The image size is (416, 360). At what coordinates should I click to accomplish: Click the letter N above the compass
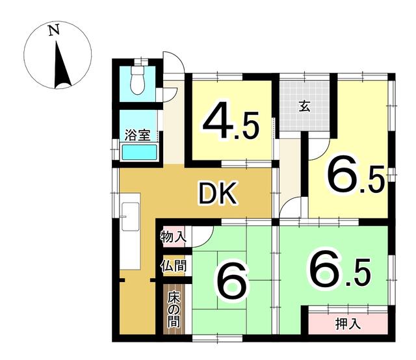(54, 29)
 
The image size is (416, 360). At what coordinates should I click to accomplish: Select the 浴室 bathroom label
(138, 136)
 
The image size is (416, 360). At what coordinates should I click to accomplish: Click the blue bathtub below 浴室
(139, 153)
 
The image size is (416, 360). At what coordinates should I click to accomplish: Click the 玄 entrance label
(304, 106)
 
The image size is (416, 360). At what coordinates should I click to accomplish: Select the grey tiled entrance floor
(305, 107)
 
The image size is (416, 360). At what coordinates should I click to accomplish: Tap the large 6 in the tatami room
(231, 283)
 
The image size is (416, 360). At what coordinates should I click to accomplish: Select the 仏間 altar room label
(174, 266)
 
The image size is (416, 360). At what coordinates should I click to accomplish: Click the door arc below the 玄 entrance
(317, 150)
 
